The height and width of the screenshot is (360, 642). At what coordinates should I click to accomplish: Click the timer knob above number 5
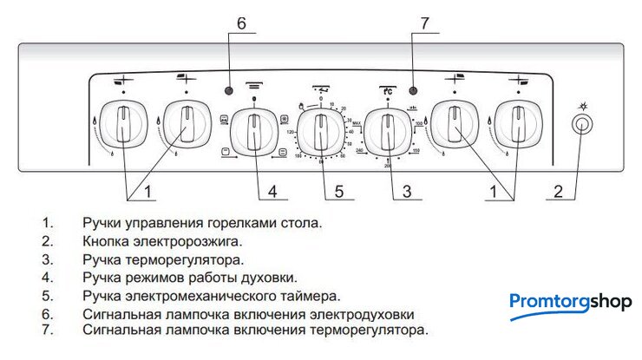tap(321, 129)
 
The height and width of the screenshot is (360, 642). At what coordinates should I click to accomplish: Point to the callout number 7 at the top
tap(425, 24)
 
